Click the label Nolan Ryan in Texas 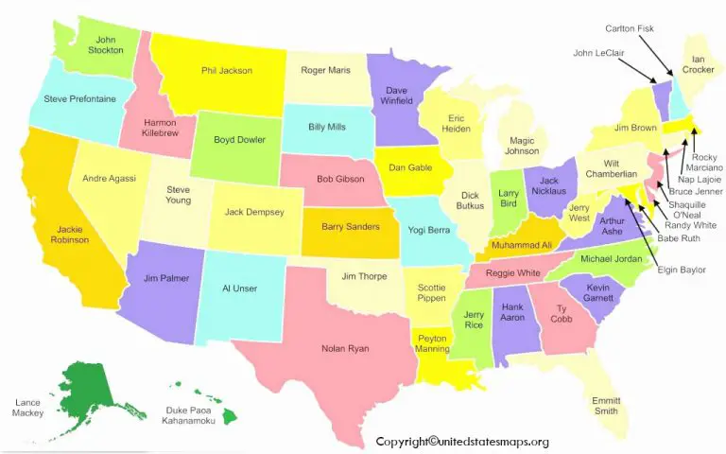[x=344, y=349]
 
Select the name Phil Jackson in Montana [x=227, y=70]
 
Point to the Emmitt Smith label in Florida [x=606, y=405]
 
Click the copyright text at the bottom [x=462, y=442]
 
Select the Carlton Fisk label [x=629, y=28]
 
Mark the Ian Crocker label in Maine [x=698, y=64]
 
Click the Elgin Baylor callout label [x=681, y=271]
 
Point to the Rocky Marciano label [x=703, y=165]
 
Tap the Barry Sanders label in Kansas [x=350, y=226]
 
